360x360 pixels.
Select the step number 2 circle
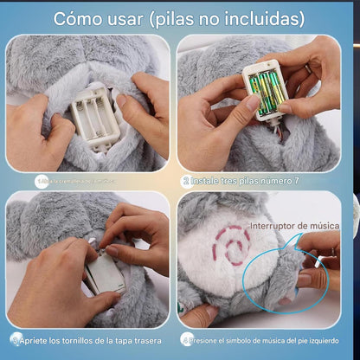coord(186,182)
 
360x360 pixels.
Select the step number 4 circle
coord(186,338)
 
